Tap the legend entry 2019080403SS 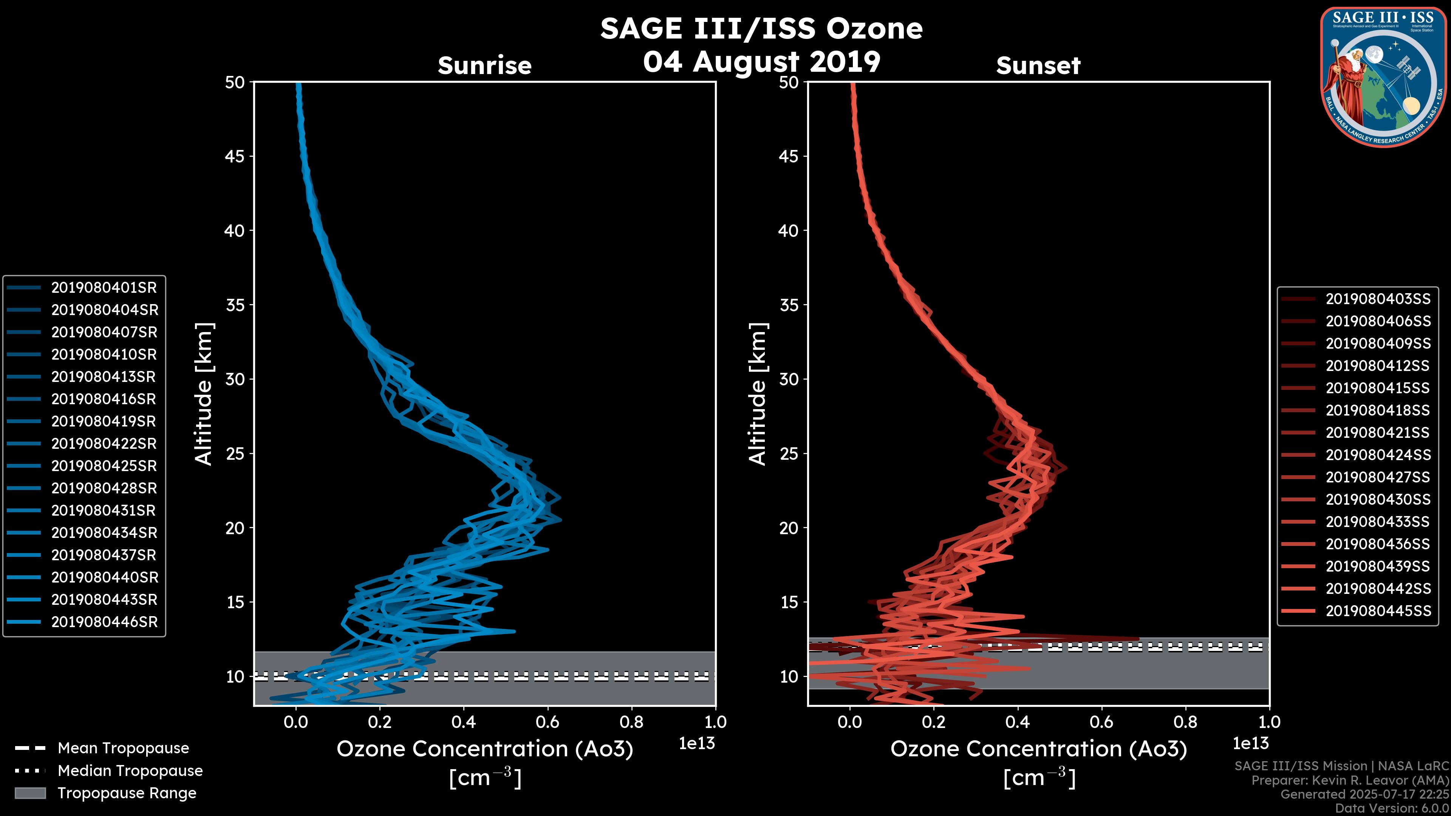pyautogui.click(x=1378, y=299)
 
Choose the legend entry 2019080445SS pyautogui.click(x=1378, y=611)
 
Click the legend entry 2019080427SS pyautogui.click(x=1378, y=478)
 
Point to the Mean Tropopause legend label pyautogui.click(x=123, y=748)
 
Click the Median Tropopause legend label pyautogui.click(x=130, y=771)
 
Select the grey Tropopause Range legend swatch pyautogui.click(x=30, y=793)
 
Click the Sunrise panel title pyautogui.click(x=484, y=66)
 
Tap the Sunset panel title pyautogui.click(x=1038, y=66)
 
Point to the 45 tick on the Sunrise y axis pyautogui.click(x=235, y=156)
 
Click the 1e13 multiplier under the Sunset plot pyautogui.click(x=1250, y=744)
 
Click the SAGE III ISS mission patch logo pyautogui.click(x=1382, y=77)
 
